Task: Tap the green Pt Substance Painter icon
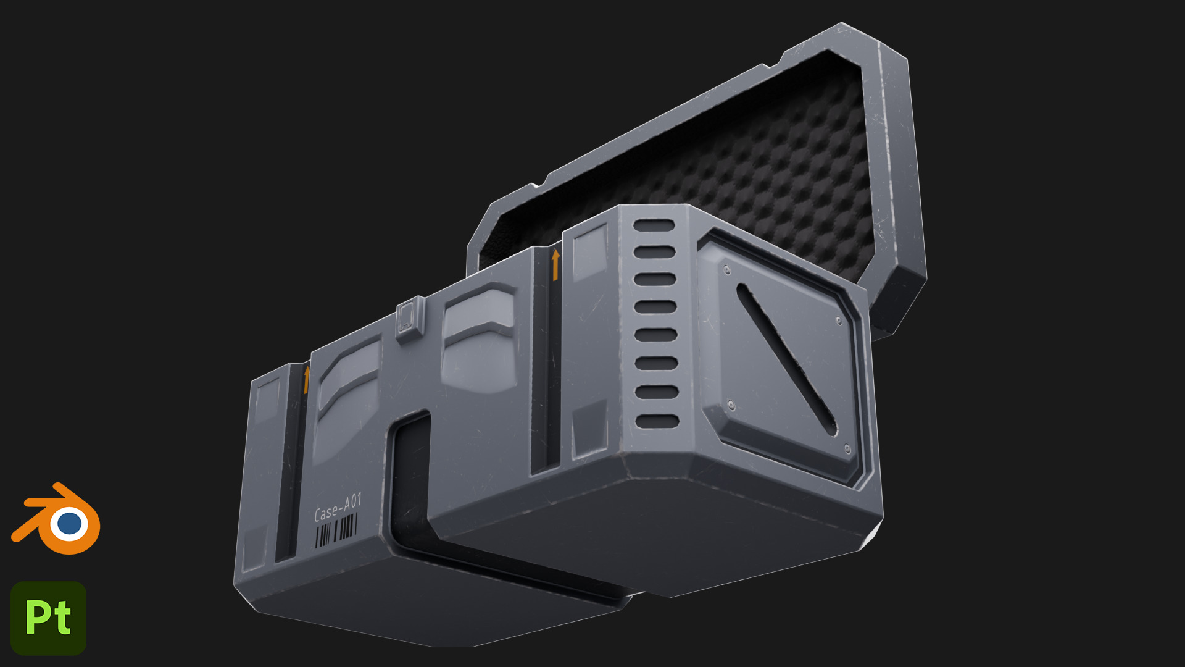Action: coord(49,618)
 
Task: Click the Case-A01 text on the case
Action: coord(337,507)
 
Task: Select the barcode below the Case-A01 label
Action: coord(336,531)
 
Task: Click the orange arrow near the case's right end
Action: coord(555,264)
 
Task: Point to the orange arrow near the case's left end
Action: coord(306,379)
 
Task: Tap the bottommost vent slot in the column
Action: coord(657,422)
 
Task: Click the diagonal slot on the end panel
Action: coord(786,358)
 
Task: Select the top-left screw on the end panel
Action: coord(726,270)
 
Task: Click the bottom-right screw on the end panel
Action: coord(847,449)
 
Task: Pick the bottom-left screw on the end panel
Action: coord(731,405)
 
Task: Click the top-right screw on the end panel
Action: coord(839,321)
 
